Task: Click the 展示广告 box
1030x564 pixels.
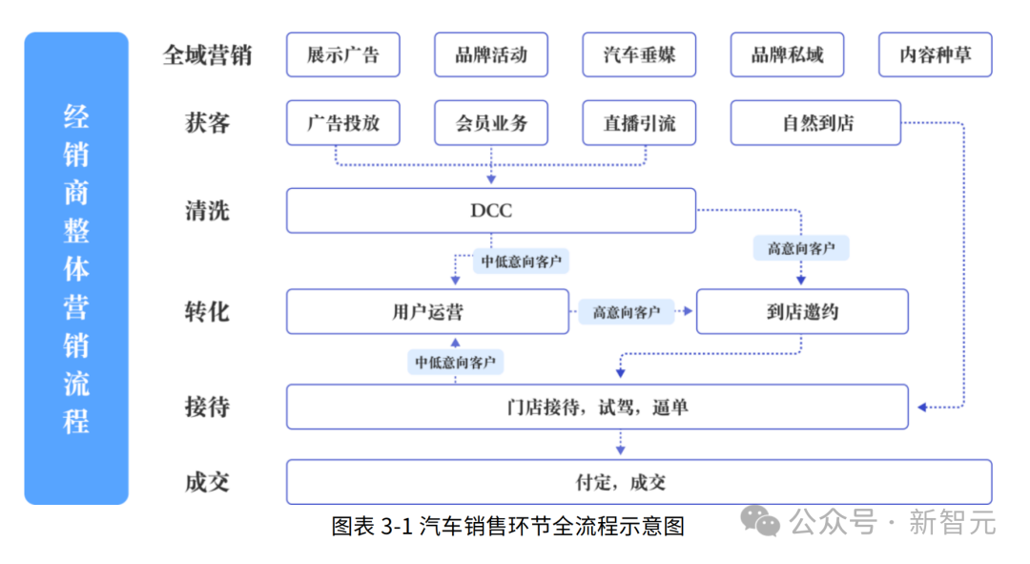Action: (x=343, y=54)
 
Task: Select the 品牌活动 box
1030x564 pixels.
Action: (x=491, y=54)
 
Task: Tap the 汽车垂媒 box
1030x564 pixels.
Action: (x=639, y=54)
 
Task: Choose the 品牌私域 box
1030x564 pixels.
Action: (x=787, y=54)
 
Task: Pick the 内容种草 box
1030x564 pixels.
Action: (x=936, y=54)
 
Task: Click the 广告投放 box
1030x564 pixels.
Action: (x=343, y=123)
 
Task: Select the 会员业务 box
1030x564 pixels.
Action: (x=491, y=123)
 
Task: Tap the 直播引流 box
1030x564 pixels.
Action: (x=639, y=123)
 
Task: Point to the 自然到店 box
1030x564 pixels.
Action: (x=815, y=123)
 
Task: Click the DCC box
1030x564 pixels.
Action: (x=491, y=210)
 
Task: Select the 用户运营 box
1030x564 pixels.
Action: (x=427, y=311)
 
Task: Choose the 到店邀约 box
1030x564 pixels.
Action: (x=802, y=311)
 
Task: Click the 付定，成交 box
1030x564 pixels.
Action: (x=639, y=483)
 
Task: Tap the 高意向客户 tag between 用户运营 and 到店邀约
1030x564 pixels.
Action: (x=626, y=311)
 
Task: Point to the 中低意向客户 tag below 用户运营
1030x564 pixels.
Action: (x=455, y=363)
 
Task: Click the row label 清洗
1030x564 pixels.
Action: (x=207, y=211)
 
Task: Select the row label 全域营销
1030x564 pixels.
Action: (x=207, y=55)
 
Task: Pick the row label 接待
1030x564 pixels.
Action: (x=207, y=407)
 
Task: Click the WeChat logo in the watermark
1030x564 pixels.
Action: (x=760, y=521)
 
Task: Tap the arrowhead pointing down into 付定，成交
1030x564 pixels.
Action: (x=620, y=450)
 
